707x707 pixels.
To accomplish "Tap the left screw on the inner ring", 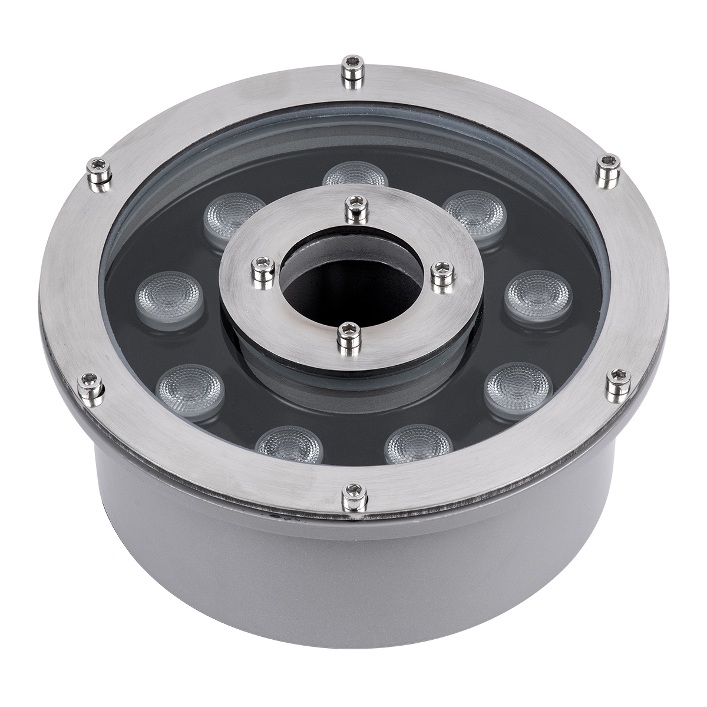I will pos(262,272).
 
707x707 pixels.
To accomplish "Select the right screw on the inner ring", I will pos(442,275).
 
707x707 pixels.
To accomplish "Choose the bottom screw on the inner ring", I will pos(347,339).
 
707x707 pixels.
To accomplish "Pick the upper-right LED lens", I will pos(475,212).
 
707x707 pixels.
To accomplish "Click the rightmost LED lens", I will pos(538,291).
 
